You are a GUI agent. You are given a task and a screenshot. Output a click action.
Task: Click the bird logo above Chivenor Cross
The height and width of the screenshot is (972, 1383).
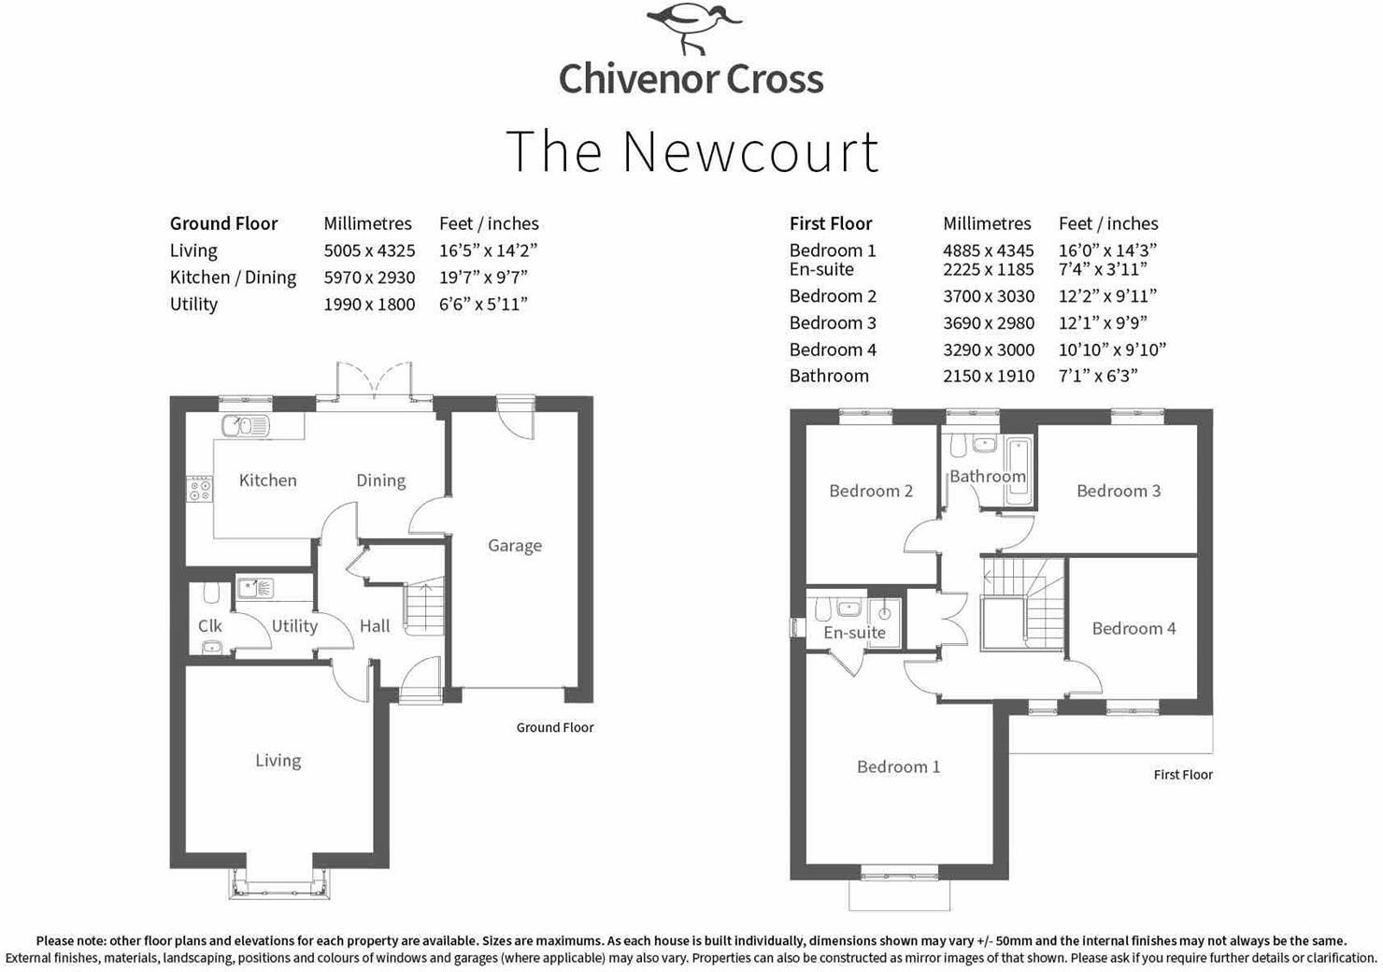pos(694,28)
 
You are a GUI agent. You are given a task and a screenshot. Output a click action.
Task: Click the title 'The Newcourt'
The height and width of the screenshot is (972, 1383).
pos(692,151)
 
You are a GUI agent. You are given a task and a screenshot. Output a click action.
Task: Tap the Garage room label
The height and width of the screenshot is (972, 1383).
pos(515,545)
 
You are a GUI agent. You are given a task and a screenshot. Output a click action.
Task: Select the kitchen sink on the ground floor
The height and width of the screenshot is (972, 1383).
pos(245,425)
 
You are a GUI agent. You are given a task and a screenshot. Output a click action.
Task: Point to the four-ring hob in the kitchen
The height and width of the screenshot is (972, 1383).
pos(199,489)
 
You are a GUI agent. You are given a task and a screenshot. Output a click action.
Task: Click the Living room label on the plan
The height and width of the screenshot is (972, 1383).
pos(278,760)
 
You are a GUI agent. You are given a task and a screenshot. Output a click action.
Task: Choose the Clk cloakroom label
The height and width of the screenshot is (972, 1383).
pos(210,625)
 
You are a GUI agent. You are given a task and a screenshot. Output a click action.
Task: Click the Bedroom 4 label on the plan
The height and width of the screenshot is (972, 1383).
pos(1133,628)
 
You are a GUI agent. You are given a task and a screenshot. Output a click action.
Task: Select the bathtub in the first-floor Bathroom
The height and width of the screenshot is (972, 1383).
pos(1018,471)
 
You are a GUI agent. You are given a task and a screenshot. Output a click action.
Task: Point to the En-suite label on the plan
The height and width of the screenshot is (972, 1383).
pos(854,632)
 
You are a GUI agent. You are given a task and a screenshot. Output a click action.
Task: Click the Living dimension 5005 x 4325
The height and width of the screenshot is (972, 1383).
pos(369,250)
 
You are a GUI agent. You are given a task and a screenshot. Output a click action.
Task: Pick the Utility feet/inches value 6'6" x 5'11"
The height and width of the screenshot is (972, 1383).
pos(483,305)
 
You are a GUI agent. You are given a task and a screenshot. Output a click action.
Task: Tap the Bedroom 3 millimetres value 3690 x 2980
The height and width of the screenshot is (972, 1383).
pos(989,323)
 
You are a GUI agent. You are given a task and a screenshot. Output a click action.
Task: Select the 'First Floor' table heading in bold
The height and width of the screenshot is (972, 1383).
pos(831,223)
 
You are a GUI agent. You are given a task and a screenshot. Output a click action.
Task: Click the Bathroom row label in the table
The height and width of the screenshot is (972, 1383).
pos(829,376)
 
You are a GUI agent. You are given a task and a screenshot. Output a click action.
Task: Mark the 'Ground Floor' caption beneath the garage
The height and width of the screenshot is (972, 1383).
pos(555,727)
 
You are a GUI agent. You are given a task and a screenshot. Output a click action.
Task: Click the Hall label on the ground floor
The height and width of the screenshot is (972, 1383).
pos(375,626)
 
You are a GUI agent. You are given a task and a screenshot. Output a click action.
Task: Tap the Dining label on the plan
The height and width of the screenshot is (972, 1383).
pos(381,480)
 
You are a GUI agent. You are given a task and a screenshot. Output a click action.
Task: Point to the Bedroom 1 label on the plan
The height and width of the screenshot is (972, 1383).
pos(898,766)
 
